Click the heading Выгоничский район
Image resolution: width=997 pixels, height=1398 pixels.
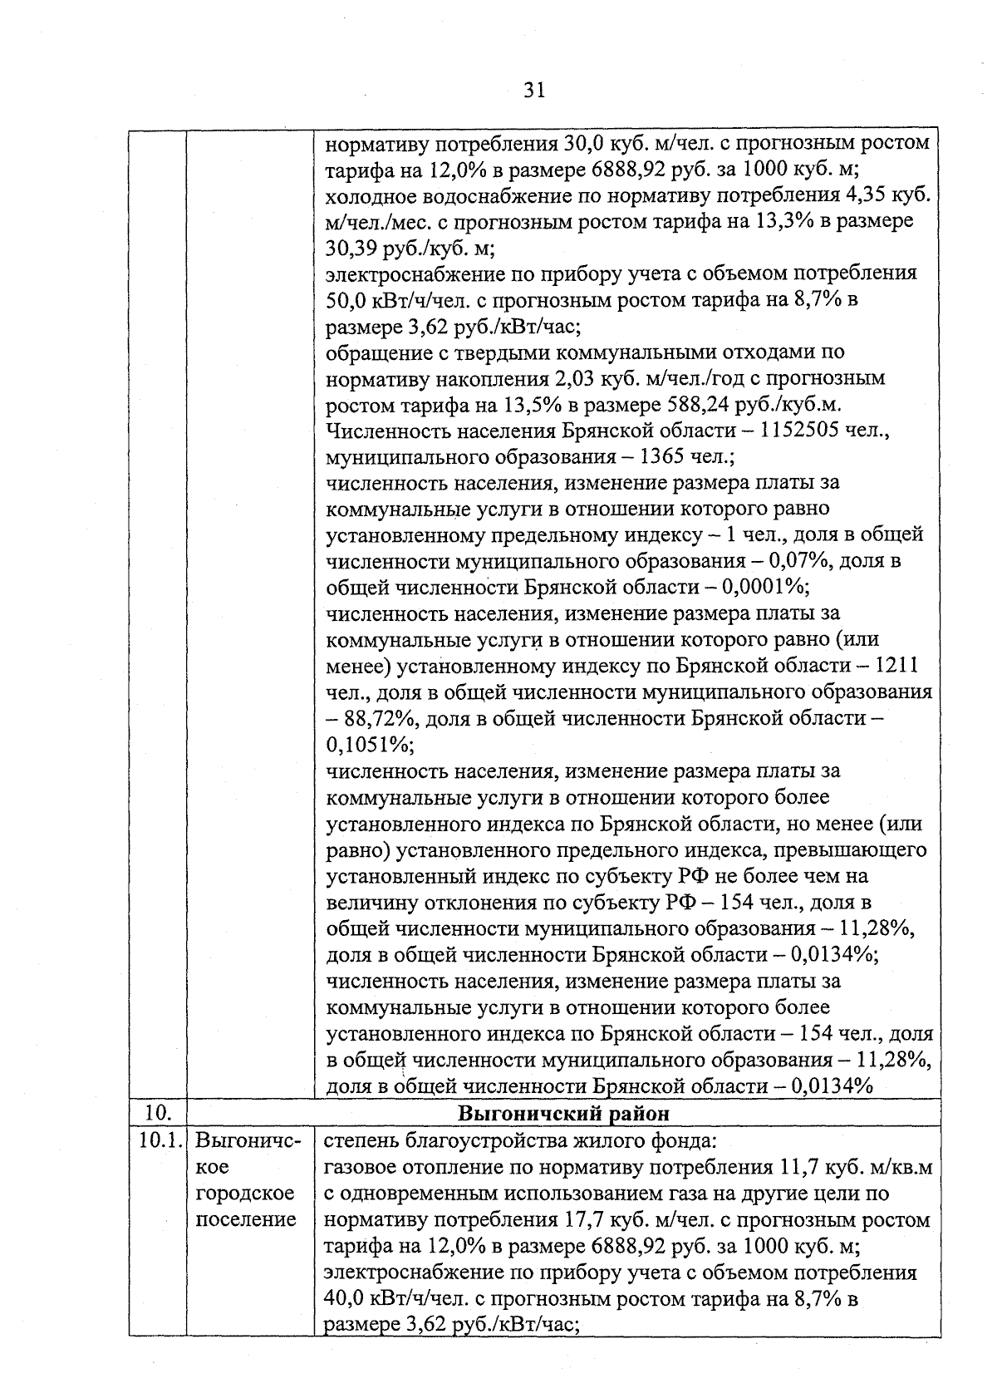(564, 1112)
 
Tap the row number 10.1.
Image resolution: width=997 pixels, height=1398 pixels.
(158, 1140)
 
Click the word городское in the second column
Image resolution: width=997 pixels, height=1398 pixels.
(244, 1193)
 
